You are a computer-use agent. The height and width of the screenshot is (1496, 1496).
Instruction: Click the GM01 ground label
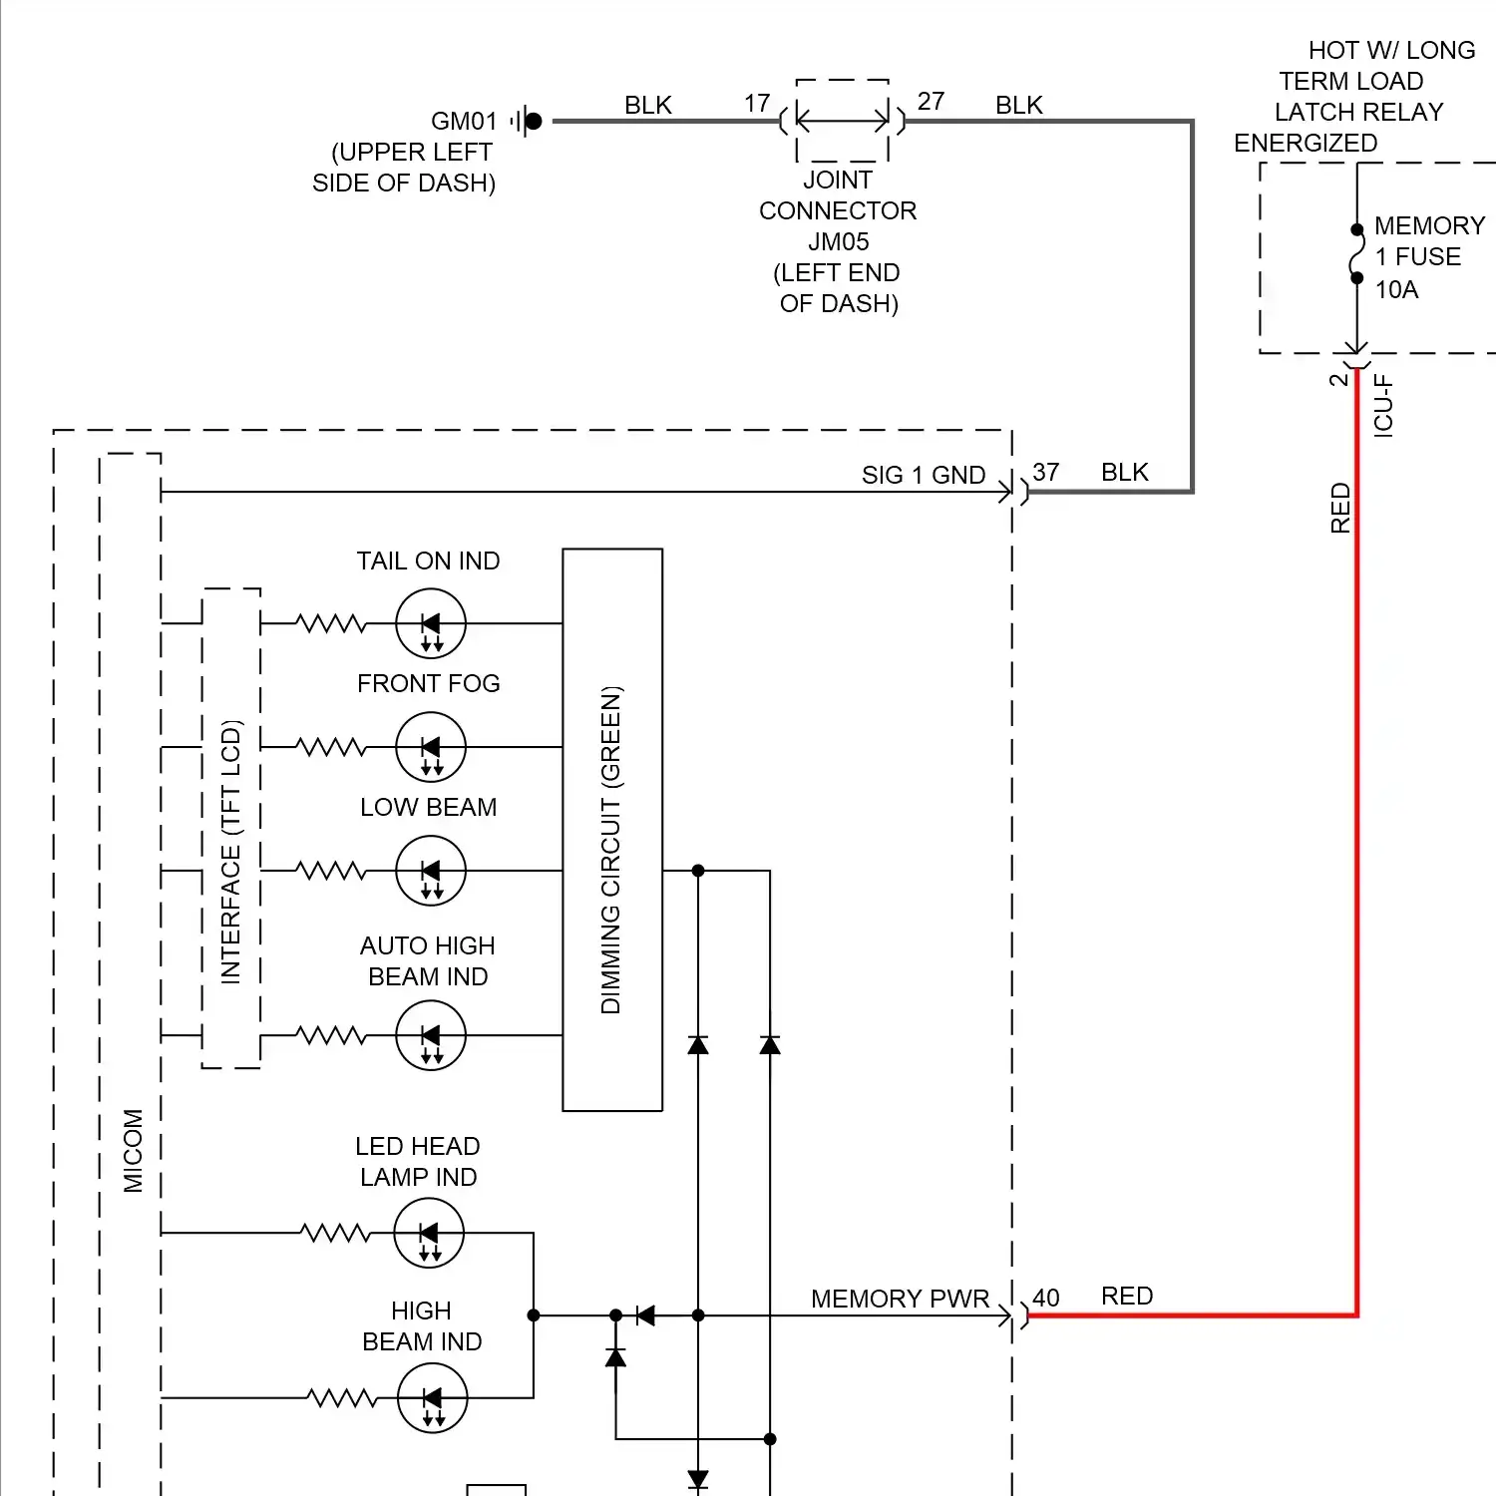[464, 122]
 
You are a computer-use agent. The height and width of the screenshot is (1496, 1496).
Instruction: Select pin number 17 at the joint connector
[757, 104]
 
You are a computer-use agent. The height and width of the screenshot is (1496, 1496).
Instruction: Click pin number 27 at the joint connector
[931, 102]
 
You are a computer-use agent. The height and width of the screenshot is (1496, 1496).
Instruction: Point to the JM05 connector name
[838, 242]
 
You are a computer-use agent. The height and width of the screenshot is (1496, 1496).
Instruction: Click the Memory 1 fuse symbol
[1356, 254]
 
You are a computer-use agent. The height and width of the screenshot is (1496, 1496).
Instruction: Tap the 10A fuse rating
[1396, 290]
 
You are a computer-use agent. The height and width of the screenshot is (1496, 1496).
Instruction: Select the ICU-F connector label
[1383, 406]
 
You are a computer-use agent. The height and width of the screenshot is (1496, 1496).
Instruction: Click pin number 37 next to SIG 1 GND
[1045, 473]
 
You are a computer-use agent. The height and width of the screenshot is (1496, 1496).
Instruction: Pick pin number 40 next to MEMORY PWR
[1045, 1299]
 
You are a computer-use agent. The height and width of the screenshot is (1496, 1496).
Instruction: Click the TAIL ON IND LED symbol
[431, 624]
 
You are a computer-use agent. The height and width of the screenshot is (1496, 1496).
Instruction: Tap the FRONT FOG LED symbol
[431, 747]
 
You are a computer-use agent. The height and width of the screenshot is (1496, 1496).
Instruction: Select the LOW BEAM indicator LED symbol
[431, 871]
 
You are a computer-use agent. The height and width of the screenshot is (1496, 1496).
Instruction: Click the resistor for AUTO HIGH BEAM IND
[331, 1036]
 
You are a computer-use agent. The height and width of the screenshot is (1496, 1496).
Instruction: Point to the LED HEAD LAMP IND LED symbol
[429, 1234]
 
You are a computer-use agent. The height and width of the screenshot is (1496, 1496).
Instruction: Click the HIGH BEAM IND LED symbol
[432, 1398]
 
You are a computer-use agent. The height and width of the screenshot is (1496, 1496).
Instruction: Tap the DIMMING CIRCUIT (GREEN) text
[611, 850]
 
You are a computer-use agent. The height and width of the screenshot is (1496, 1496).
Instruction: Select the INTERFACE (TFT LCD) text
[231, 852]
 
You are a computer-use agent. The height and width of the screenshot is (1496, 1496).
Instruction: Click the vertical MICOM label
[133, 1151]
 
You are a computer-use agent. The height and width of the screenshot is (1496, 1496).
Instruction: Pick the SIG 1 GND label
[924, 476]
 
